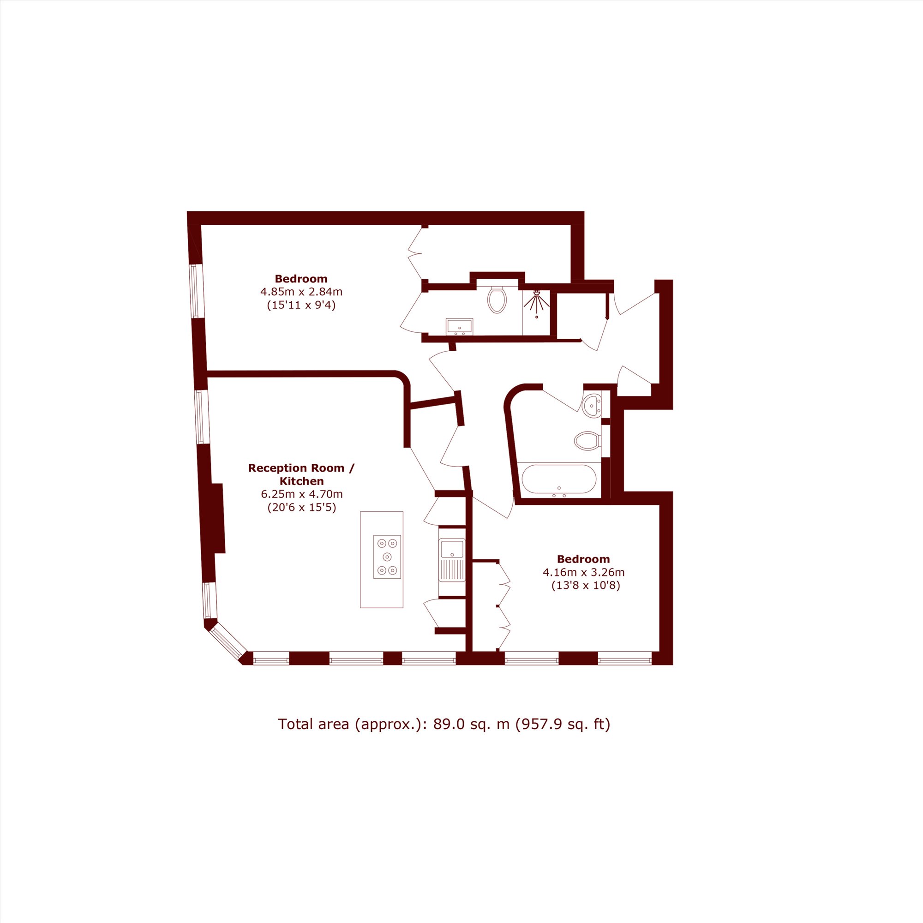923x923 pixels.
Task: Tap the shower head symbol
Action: (x=537, y=301)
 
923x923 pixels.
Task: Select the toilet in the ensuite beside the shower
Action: (x=497, y=299)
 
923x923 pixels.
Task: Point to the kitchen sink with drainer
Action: (x=452, y=559)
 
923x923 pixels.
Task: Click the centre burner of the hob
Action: (x=387, y=557)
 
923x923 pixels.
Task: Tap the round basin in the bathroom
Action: (x=593, y=405)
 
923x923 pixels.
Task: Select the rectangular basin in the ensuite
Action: (x=459, y=327)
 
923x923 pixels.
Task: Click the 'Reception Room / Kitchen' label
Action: (x=301, y=474)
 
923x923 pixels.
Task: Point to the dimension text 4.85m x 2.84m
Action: (x=301, y=291)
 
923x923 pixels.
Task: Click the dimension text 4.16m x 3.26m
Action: (x=583, y=572)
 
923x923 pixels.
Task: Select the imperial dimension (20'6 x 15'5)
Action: (x=301, y=507)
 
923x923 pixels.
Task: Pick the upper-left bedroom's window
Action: (x=194, y=291)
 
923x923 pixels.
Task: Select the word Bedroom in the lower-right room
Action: (x=583, y=559)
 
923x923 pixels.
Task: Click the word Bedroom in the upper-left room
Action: (x=301, y=279)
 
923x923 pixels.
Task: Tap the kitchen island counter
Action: (x=382, y=559)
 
